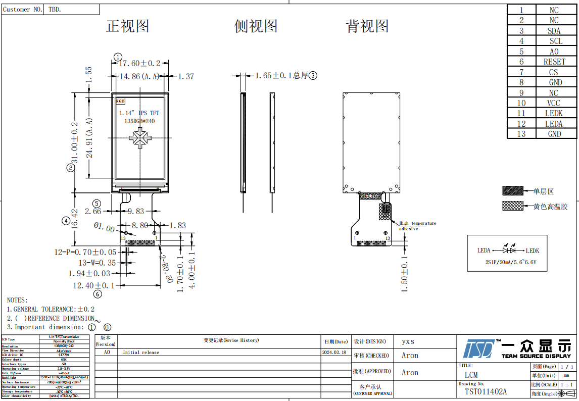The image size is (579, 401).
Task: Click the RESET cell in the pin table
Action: tap(554, 62)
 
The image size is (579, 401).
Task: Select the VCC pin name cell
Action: tap(554, 103)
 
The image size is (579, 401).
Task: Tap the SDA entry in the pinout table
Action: tap(554, 31)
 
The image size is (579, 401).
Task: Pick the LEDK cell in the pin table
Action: tap(554, 114)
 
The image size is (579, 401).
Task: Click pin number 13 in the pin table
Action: tap(521, 134)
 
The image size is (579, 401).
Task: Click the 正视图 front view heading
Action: tap(127, 26)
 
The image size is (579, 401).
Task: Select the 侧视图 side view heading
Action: tap(256, 26)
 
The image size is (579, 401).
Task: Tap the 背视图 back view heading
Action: tap(367, 26)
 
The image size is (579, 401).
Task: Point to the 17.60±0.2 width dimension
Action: tap(139, 64)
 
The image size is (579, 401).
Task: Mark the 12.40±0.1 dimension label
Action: tap(94, 286)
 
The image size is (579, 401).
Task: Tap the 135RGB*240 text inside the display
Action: tap(139, 121)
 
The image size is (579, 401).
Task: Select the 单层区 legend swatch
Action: tap(512, 191)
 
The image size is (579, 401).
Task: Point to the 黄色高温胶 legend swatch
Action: tap(512, 206)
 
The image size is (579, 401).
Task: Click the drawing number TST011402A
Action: tap(486, 392)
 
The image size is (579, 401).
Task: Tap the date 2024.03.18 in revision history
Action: tap(334, 353)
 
